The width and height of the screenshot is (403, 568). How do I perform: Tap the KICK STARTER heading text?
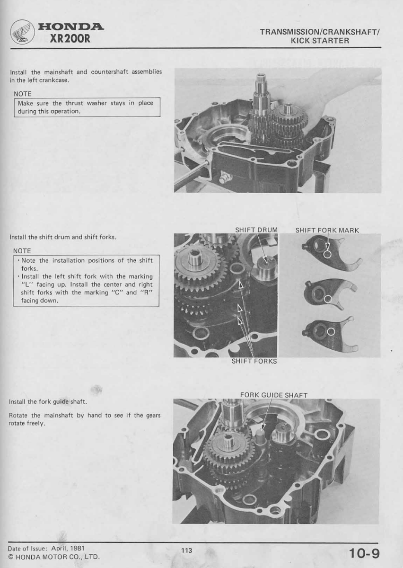click(320, 41)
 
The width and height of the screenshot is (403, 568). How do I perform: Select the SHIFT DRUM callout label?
click(256, 230)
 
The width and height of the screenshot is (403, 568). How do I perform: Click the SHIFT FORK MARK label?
click(327, 231)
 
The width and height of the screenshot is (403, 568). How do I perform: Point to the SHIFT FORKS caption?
click(254, 361)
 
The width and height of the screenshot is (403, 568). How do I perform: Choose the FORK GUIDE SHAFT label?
click(273, 395)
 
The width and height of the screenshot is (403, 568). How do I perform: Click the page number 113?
click(186, 550)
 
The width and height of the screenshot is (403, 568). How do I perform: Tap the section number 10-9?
click(364, 552)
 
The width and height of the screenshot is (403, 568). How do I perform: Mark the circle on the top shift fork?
click(327, 254)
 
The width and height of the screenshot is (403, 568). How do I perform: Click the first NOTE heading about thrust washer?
click(23, 94)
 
